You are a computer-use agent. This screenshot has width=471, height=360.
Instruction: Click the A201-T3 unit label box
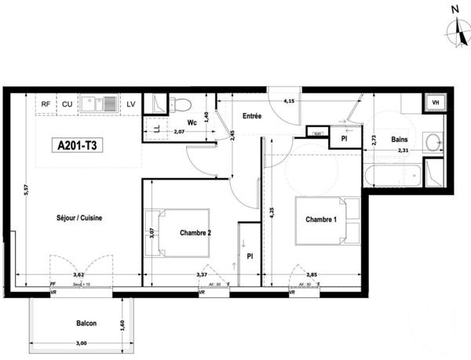(x=78, y=145)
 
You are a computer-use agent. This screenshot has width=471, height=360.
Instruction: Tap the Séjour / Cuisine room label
(x=78, y=217)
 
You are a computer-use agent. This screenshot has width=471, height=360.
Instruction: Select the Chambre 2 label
(x=195, y=233)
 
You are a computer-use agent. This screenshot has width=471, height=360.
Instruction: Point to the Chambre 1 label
(x=321, y=220)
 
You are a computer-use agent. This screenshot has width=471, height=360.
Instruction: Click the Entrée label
(x=251, y=116)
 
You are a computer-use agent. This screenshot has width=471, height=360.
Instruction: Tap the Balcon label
(x=86, y=323)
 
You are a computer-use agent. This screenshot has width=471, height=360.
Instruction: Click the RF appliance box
(x=46, y=104)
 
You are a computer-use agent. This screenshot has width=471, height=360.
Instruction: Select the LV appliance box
(x=130, y=104)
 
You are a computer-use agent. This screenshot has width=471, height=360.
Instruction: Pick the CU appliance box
(x=68, y=104)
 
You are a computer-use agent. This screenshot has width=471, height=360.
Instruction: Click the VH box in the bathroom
(x=434, y=103)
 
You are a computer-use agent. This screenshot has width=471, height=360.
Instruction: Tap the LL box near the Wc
(x=156, y=128)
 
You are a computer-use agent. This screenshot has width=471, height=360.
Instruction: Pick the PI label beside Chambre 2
(x=249, y=256)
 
